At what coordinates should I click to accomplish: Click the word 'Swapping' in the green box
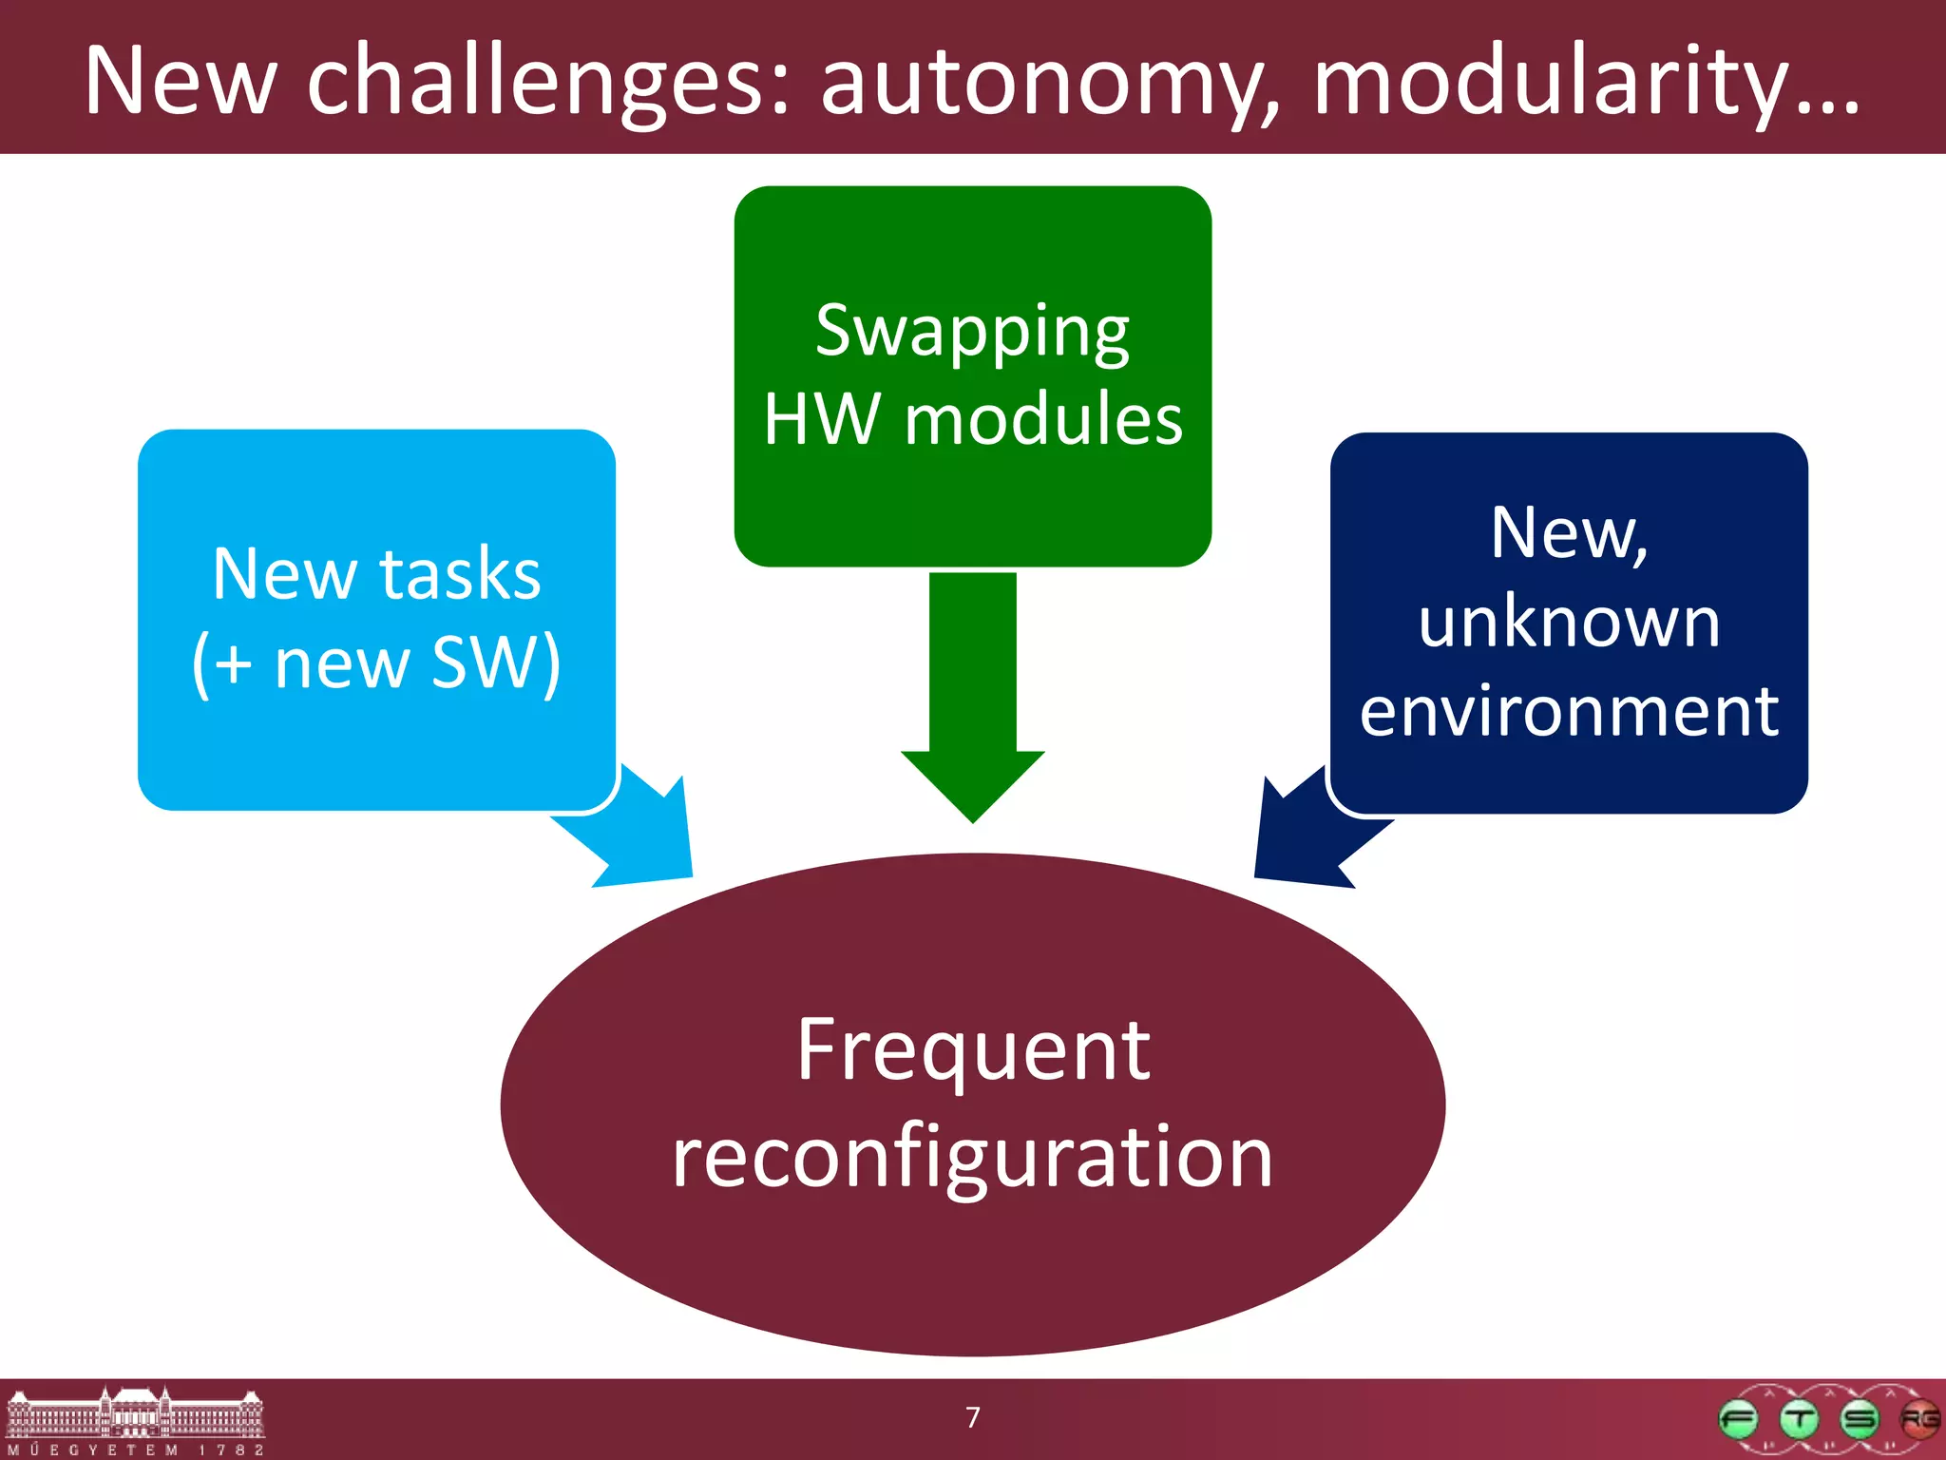point(972,332)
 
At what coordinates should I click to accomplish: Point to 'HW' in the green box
point(821,419)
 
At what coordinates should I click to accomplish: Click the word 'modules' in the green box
point(1043,419)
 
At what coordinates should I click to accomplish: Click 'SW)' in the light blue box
point(496,663)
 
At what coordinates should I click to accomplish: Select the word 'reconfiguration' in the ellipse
point(972,1157)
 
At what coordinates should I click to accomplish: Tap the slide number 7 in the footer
point(973,1417)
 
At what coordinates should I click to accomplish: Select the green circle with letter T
point(1799,1420)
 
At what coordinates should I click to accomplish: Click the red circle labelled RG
point(1918,1420)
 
